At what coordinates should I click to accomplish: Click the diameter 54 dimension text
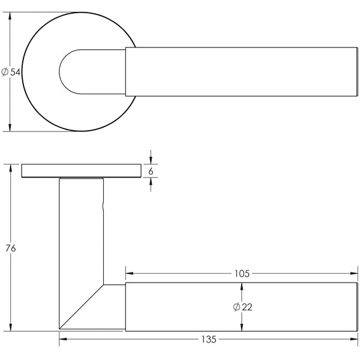(x=11, y=72)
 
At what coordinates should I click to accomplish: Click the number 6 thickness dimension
(x=151, y=171)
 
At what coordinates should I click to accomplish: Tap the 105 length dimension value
(x=242, y=274)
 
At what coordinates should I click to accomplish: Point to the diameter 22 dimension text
(x=242, y=307)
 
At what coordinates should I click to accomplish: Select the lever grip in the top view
(x=240, y=71)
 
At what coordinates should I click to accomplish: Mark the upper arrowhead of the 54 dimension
(x=11, y=16)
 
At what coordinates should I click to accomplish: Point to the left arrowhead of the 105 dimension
(x=128, y=274)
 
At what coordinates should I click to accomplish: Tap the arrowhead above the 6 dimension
(x=151, y=159)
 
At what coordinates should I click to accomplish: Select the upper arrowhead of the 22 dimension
(x=242, y=286)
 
